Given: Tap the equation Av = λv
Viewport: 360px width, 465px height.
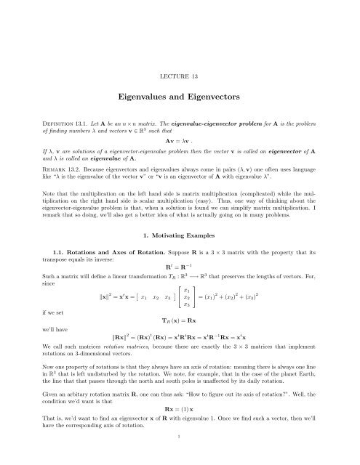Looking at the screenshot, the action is [179, 142].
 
